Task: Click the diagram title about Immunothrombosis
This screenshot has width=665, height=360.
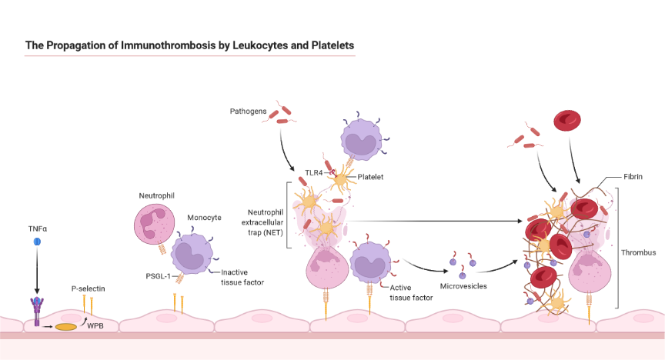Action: coord(190,45)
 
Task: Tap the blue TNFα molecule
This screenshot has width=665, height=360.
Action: coord(36,242)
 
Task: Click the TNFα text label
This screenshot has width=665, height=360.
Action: coord(36,228)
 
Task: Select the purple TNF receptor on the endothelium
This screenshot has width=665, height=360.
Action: coord(36,308)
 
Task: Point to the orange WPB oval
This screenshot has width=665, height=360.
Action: coord(65,327)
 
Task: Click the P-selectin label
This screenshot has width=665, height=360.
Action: coord(87,288)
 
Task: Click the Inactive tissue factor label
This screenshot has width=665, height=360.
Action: coord(242,277)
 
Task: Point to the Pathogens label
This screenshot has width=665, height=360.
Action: coord(249,112)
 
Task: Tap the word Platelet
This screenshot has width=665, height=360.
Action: coord(370,177)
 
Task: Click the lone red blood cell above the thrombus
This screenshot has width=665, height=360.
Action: coord(568,121)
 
